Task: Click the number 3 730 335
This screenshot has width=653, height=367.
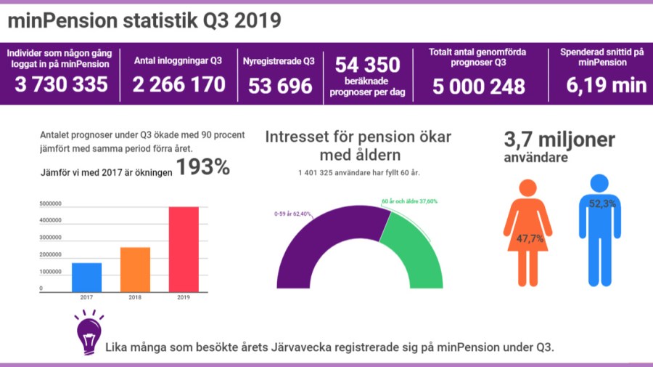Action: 61,85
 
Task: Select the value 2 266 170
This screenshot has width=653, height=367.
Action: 178,85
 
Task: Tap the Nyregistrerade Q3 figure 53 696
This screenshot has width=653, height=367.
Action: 280,86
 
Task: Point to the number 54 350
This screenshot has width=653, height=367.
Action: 367,65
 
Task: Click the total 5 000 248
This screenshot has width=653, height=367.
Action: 478,86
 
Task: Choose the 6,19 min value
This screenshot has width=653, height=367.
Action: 607,85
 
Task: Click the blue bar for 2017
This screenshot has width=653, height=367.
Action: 86,277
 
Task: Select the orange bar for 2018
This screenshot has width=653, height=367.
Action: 135,269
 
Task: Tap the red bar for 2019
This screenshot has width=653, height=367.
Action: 183,249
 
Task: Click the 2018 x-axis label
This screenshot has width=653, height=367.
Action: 135,297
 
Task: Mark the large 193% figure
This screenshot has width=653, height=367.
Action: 202,168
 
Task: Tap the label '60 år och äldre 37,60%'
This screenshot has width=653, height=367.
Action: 409,201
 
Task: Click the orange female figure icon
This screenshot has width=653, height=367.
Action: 527,233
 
